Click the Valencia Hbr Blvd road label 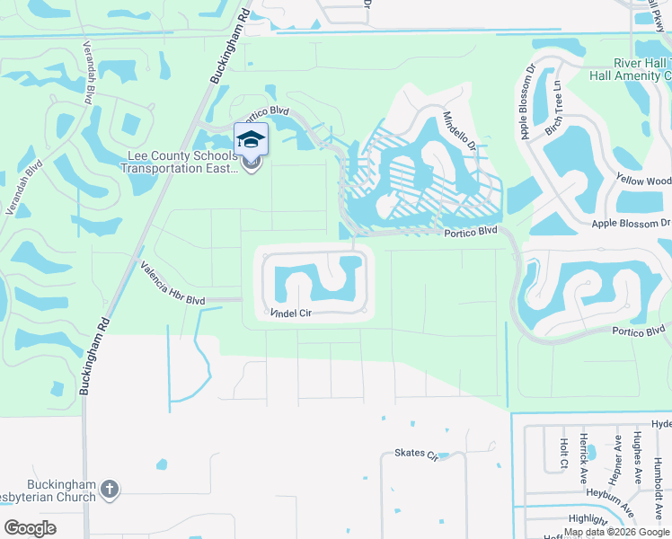click(x=172, y=282)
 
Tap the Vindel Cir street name click(x=291, y=314)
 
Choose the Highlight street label click(x=588, y=518)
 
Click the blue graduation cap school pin click(x=252, y=139)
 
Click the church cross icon click(x=110, y=489)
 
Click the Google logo click(x=31, y=527)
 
